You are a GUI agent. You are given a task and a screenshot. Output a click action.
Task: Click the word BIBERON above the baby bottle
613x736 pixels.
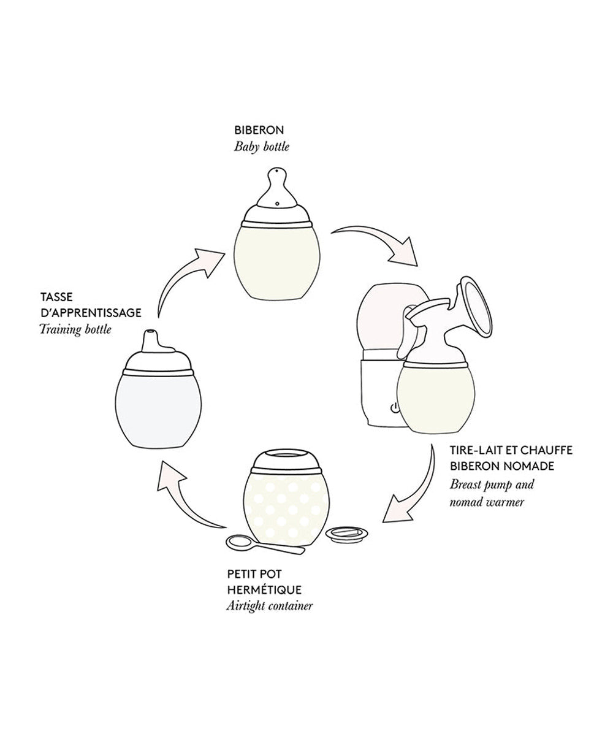[x=259, y=130]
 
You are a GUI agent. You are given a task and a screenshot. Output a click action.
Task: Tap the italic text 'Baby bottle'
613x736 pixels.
[x=261, y=147]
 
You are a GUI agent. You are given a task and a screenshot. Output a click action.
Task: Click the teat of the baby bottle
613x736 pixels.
[x=277, y=188]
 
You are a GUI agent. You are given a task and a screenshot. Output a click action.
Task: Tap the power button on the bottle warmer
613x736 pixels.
[x=395, y=408]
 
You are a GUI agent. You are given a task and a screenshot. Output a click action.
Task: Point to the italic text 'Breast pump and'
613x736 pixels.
[x=492, y=485]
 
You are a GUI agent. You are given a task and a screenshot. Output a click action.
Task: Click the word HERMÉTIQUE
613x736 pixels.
[x=264, y=589]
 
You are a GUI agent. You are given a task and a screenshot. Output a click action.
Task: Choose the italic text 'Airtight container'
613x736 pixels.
[x=270, y=606]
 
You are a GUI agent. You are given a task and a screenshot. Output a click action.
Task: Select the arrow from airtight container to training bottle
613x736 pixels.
[x=183, y=500]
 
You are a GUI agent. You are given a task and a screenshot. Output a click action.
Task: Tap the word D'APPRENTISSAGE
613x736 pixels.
[x=91, y=313]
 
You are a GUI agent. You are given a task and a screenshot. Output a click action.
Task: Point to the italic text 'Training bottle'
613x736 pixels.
[x=75, y=329]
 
